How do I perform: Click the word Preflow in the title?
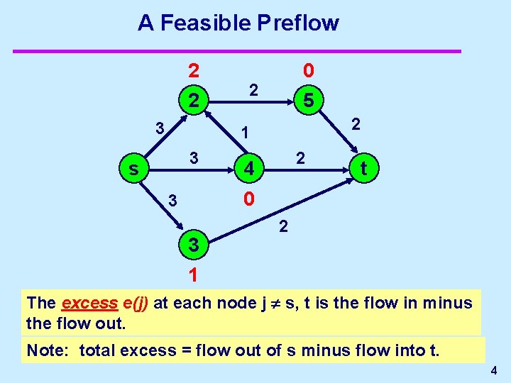[298, 23]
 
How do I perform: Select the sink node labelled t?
[363, 169]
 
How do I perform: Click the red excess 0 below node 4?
[248, 199]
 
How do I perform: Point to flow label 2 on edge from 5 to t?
[357, 124]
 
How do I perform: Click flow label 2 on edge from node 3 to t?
[283, 227]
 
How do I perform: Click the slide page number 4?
[493, 370]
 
